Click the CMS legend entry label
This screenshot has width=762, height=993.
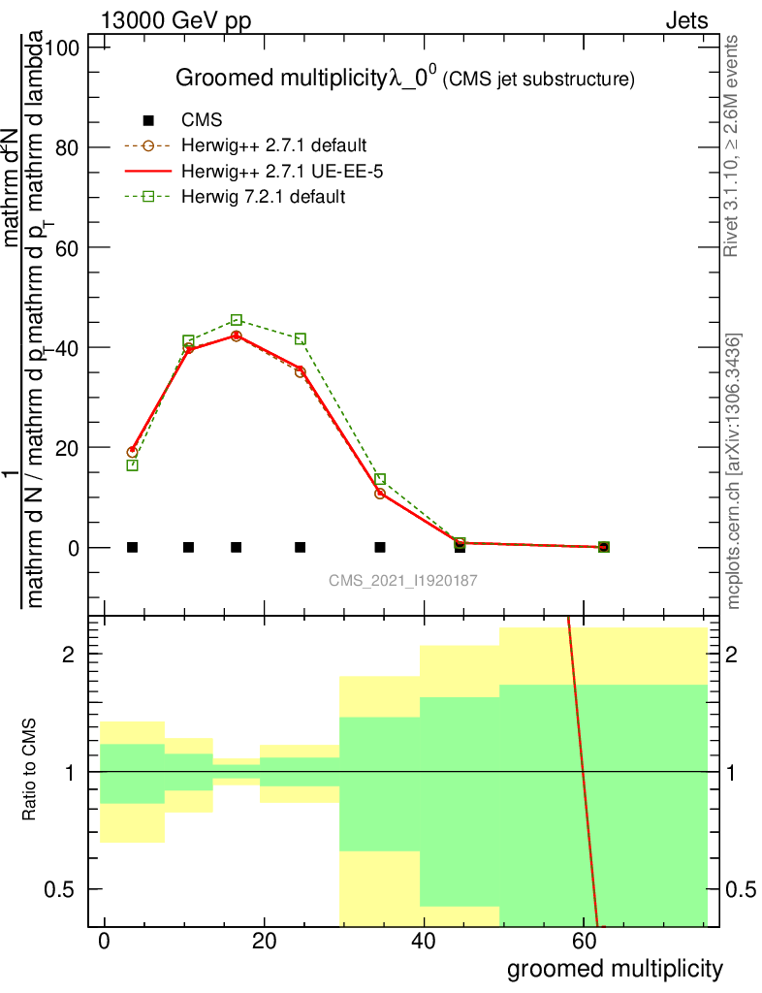click(203, 120)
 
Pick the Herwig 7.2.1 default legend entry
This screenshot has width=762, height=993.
click(264, 196)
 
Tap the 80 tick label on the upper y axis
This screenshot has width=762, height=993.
click(69, 147)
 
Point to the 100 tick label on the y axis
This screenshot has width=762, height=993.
click(64, 48)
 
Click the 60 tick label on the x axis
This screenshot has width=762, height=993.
click(583, 940)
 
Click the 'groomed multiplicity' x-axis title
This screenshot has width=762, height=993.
click(615, 968)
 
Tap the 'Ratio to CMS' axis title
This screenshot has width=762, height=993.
click(30, 771)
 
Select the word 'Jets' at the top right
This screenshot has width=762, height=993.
click(686, 20)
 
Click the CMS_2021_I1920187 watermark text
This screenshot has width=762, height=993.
click(403, 580)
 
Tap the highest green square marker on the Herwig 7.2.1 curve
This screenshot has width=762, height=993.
click(237, 320)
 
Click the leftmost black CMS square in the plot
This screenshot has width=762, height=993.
click(133, 547)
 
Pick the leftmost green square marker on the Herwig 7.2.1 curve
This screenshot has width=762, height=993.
click(133, 465)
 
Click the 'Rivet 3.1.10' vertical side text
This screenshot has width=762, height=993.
click(732, 145)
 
